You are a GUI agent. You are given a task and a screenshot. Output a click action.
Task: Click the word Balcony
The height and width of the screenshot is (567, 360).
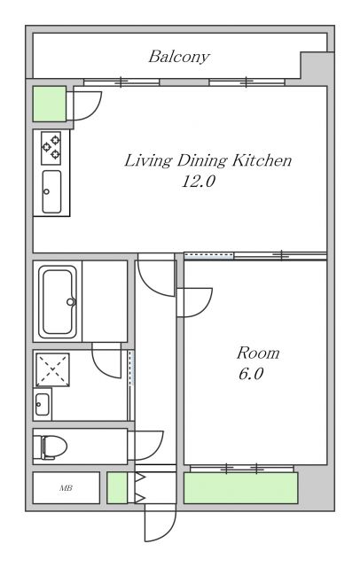179,57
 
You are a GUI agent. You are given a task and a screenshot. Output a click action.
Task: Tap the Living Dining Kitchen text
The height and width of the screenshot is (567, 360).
208,160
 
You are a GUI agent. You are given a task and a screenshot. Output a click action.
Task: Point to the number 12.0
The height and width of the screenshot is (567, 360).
199,181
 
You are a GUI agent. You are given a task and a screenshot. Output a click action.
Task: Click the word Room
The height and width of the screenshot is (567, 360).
258,353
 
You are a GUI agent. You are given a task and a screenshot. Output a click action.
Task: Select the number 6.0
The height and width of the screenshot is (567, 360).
251,374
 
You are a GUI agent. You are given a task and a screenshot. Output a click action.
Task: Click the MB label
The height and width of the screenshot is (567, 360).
66,488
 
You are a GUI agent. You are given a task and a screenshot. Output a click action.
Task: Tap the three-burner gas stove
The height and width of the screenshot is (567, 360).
51,148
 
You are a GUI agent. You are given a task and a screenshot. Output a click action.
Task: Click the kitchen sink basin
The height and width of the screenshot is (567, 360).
51,191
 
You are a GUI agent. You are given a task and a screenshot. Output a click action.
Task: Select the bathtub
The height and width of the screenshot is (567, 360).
58,302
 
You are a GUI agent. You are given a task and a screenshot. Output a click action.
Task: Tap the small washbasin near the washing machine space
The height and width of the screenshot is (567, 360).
43,404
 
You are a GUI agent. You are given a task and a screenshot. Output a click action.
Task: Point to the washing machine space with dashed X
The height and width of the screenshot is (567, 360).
52,369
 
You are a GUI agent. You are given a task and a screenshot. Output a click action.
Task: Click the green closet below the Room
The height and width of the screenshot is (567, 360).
240,488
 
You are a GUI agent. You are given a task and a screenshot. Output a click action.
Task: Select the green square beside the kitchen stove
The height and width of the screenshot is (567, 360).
50,104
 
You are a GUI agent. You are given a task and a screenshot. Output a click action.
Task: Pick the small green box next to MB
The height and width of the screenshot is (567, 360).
117,488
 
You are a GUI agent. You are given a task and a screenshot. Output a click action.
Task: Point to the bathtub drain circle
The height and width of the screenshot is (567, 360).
71,301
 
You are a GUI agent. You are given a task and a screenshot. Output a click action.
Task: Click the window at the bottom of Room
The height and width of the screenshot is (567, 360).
241,469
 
